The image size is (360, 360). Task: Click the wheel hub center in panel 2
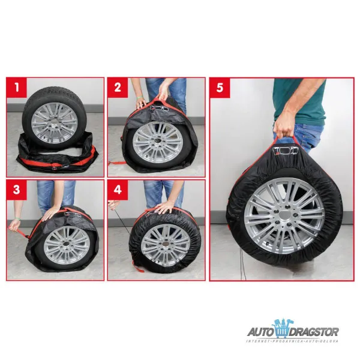point(157,143)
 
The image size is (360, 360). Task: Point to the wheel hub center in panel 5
point(284,217)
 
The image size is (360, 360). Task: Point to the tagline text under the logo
point(292,341)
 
